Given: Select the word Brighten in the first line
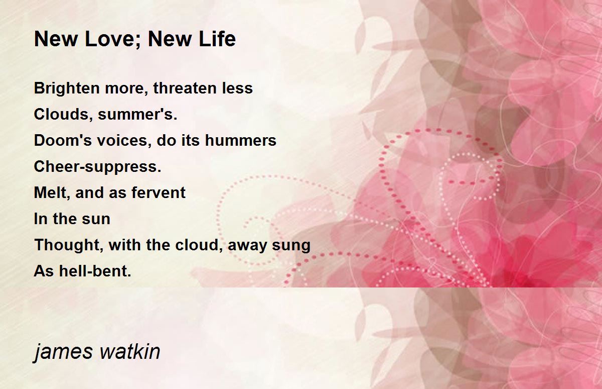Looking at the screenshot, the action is click(x=67, y=88).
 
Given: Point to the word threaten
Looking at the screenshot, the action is click(x=186, y=88).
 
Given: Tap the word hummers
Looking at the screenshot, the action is click(x=240, y=141).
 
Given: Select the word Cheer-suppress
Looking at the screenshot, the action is click(x=97, y=167).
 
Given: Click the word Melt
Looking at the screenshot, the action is click(x=50, y=193).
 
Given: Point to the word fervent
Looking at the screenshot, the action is click(x=159, y=193).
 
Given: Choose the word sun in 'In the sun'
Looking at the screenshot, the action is click(x=96, y=219).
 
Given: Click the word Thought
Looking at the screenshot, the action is click(x=67, y=245).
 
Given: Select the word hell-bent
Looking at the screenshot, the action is click(x=95, y=271).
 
